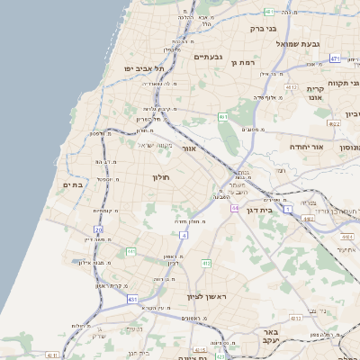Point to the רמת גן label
tap(246, 62)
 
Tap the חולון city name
tap(168, 177)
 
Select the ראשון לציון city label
tap(202, 296)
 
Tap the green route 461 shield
tap(222, 117)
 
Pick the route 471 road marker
tap(334, 58)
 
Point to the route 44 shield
tap(234, 208)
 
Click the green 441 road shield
tap(131, 252)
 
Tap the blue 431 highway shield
tap(132, 299)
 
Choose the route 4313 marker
tap(295, 318)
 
